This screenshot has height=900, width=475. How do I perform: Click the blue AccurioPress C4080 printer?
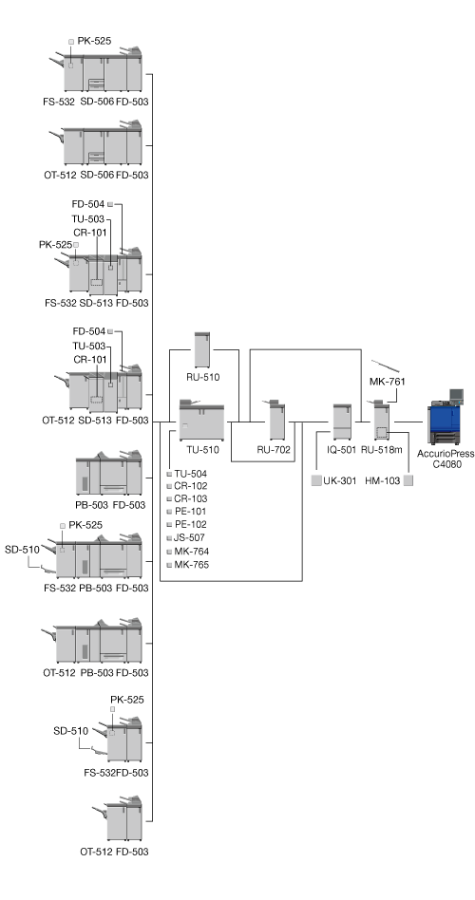446,417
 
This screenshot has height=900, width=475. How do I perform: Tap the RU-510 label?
202,378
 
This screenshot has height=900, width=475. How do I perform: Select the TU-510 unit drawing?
201,420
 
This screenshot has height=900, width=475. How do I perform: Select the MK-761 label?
388,381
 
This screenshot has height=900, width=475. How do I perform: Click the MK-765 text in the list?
191,565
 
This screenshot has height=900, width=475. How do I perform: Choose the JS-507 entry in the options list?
190,538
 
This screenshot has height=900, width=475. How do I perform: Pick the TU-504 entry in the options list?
191,474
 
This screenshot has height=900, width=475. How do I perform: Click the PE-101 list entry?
191,512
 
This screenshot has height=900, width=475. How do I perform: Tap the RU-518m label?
381,450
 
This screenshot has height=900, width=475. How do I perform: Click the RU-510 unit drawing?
202,349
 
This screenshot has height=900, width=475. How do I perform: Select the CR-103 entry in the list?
191,498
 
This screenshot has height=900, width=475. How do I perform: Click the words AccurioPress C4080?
446,459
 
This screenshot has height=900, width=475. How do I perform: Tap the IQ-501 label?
342,450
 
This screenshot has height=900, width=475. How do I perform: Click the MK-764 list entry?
191,552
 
